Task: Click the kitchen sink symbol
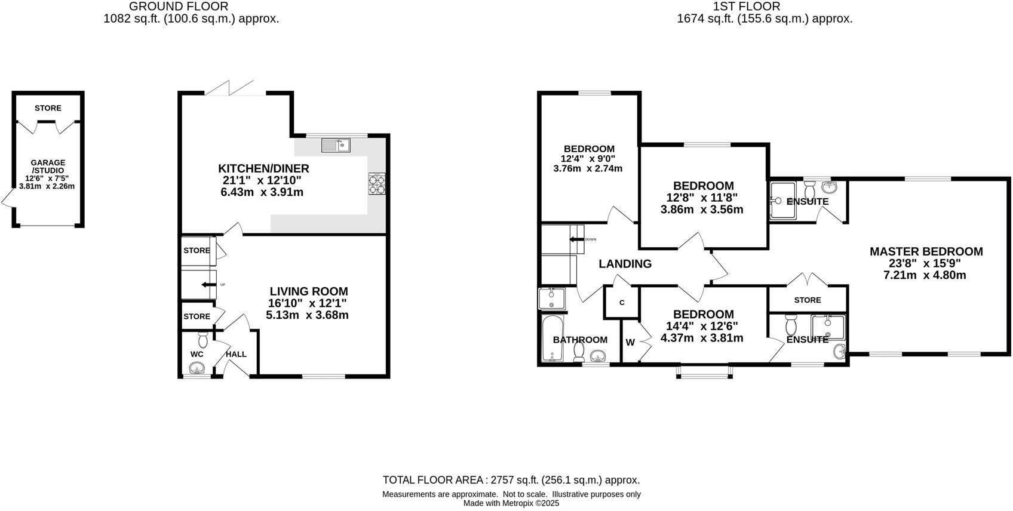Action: pos(336,145)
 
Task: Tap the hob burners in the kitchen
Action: pos(377,184)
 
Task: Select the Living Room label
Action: pos(308,292)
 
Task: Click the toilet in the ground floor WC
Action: pos(202,340)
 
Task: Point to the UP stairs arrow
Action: pos(208,285)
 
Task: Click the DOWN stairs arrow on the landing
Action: pos(576,239)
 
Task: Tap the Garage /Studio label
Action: pos(48,167)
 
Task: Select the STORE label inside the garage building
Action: pos(48,108)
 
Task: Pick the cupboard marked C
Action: pos(622,303)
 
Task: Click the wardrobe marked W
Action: pos(630,343)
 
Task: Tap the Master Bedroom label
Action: pos(926,252)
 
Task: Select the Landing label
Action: pos(625,264)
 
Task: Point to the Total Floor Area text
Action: pos(511,480)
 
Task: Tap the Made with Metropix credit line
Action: pos(511,503)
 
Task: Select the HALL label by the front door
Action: pos(236,354)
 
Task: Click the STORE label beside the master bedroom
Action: pos(808,300)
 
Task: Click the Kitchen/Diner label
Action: pos(263,169)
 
